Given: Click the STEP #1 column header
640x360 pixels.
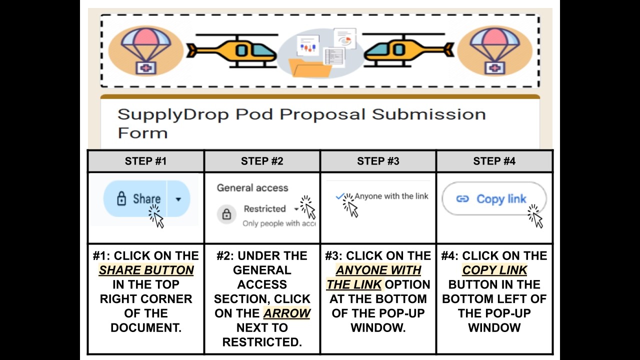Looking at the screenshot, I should [145, 161].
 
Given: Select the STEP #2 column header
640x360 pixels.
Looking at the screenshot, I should [262, 161].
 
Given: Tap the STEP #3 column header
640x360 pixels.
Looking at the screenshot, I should [378, 161].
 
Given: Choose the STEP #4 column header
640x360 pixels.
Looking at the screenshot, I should [494, 161].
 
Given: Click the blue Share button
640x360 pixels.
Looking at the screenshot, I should [137, 199].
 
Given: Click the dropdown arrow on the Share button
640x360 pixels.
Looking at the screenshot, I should [178, 199].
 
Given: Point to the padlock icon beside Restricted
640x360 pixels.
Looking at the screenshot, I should [226, 215].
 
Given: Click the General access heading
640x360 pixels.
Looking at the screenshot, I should [252, 188].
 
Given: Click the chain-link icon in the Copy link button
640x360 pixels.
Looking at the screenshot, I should [462, 199].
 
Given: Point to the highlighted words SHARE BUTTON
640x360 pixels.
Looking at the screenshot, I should [146, 270].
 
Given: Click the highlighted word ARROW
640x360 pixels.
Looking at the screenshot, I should [287, 313].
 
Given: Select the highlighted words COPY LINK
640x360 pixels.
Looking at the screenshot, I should [494, 270].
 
